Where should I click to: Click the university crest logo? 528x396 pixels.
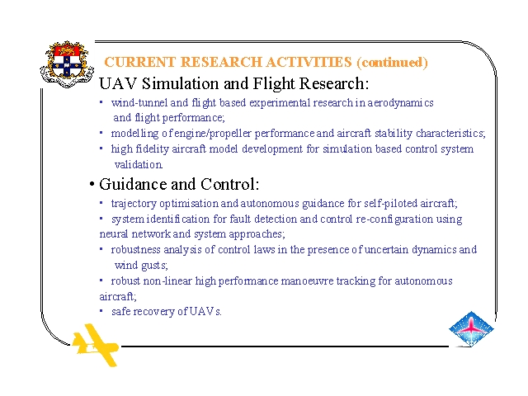pyautogui.click(x=67, y=64)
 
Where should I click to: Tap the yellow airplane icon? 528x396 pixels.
pyautogui.click(x=96, y=345)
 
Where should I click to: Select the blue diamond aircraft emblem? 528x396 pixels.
pyautogui.click(x=471, y=329)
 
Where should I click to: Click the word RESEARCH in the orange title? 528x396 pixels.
pyautogui.click(x=221, y=62)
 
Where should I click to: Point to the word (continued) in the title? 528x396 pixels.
pyautogui.click(x=393, y=63)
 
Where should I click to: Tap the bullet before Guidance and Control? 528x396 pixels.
pyautogui.click(x=92, y=184)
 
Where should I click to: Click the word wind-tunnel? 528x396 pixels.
pyautogui.click(x=139, y=102)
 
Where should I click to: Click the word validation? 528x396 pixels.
pyautogui.click(x=139, y=164)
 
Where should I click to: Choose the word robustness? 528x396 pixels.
pyautogui.click(x=135, y=249)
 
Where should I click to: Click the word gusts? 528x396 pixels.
pyautogui.click(x=154, y=266)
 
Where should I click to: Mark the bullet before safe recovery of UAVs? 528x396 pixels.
pyautogui.click(x=101, y=311)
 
